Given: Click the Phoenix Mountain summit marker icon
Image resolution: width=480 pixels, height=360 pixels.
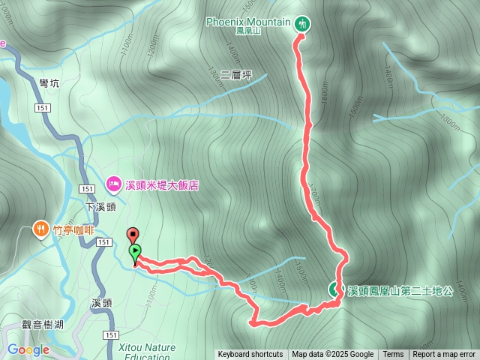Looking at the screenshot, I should pyautogui.click(x=301, y=23).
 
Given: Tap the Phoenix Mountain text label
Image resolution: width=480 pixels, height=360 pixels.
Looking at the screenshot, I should pyautogui.click(x=248, y=22).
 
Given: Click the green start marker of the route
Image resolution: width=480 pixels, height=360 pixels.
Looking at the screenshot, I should pyautogui.click(x=136, y=252).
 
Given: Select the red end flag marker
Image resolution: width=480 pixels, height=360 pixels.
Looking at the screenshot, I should pyautogui.click(x=132, y=233).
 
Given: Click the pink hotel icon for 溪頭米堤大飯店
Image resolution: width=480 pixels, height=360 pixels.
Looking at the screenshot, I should pyautogui.click(x=114, y=183).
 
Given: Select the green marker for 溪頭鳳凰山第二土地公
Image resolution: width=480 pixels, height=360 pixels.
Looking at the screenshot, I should pyautogui.click(x=335, y=289).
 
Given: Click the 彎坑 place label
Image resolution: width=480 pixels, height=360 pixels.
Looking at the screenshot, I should pyautogui.click(x=49, y=83).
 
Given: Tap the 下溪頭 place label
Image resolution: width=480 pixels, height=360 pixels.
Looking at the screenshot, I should pyautogui.click(x=100, y=207).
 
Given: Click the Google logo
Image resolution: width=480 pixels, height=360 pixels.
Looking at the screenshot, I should pyautogui.click(x=28, y=349).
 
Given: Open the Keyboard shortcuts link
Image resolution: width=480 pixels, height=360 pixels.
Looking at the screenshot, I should pyautogui.click(x=250, y=355).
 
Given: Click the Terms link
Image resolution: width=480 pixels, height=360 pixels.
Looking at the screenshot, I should pyautogui.click(x=393, y=355).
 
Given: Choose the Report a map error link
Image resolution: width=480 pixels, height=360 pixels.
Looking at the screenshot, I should pyautogui.click(x=444, y=355).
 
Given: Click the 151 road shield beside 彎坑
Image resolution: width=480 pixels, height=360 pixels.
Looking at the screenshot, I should pyautogui.click(x=42, y=109).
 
